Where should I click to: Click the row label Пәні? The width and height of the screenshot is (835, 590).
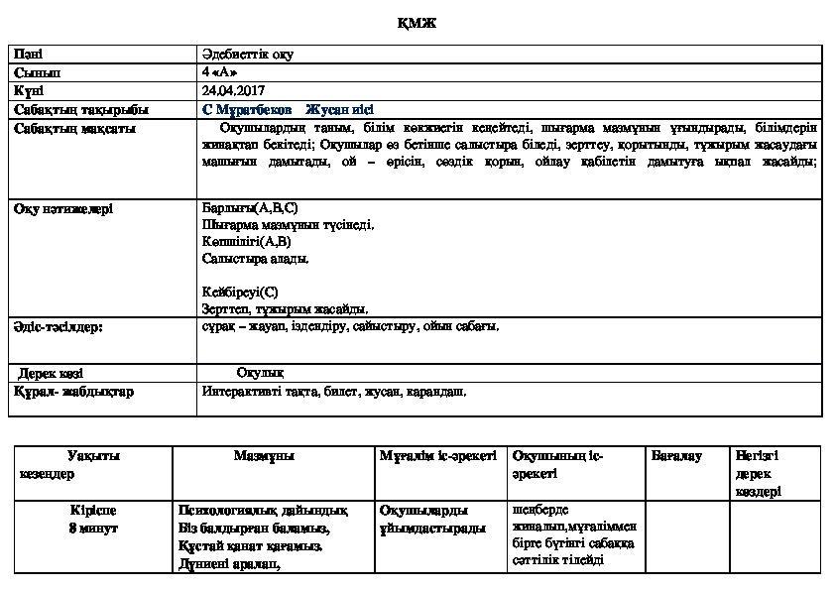point(29,55)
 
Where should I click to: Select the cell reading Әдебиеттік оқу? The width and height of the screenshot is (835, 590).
point(247,55)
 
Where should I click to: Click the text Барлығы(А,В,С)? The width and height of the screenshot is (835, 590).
point(250,208)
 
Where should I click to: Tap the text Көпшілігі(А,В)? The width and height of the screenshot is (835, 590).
point(246,241)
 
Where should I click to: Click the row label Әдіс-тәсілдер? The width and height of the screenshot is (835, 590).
point(60,325)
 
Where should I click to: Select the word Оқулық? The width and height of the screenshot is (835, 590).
point(261,373)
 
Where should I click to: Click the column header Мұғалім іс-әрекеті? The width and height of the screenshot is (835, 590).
point(437,456)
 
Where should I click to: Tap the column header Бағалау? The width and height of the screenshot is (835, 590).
point(677,456)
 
